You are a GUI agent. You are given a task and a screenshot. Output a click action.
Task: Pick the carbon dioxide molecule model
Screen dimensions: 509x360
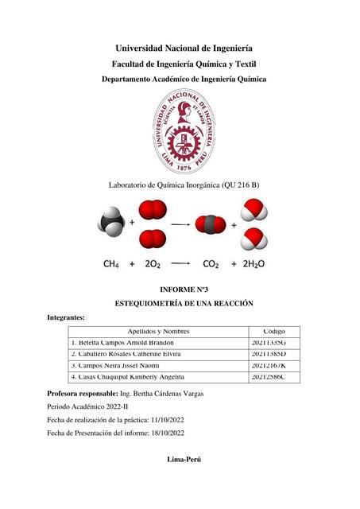[211, 224]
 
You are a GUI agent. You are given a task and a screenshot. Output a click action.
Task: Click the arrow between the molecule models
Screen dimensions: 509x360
[180, 225]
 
